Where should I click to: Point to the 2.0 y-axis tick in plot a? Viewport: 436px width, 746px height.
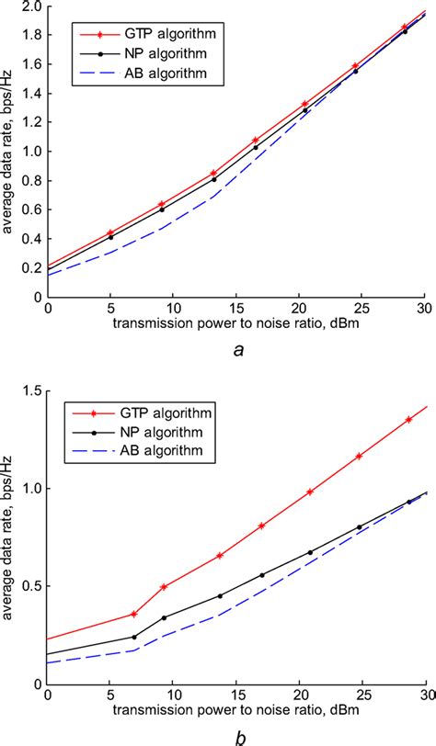[x=31, y=6]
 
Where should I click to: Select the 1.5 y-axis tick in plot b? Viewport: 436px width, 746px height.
[x=32, y=391]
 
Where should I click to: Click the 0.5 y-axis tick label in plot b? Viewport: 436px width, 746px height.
[x=32, y=587]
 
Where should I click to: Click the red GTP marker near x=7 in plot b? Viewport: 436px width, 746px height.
[x=134, y=614]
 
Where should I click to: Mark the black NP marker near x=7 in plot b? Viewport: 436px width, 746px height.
[x=134, y=637]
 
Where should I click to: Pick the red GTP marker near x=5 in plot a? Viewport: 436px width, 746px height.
[x=110, y=232]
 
